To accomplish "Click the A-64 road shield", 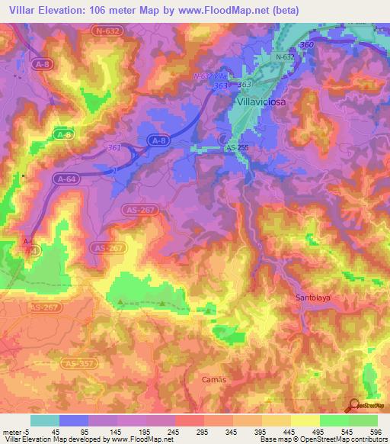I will click(x=66, y=178).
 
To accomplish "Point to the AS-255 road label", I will click(x=236, y=148).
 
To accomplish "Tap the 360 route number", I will click(x=307, y=46).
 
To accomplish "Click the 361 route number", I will click(x=115, y=148).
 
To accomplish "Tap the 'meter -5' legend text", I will click(x=15, y=431).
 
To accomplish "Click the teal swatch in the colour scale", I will click(x=44, y=420).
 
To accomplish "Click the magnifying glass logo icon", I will click(x=353, y=405).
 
